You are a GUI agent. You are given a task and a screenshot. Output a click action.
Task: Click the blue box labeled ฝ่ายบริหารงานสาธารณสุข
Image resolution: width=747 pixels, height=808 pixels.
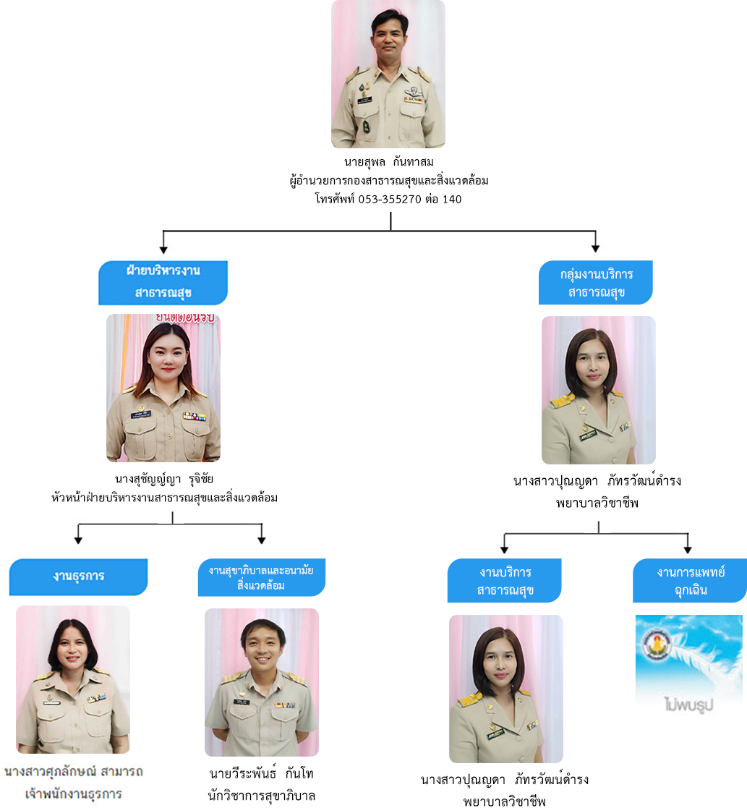pos(163,282)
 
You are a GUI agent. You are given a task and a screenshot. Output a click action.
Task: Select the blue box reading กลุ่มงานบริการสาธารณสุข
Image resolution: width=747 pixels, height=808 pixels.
pos(596,283)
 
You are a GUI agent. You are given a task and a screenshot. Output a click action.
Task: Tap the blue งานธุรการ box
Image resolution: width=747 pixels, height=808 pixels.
pos(78,576)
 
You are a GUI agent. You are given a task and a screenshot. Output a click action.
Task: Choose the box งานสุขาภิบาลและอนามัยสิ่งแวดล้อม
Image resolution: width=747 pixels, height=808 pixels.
pos(261,577)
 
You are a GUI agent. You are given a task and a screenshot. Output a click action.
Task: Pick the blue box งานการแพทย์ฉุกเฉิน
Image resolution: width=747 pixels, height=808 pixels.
pos(690,581)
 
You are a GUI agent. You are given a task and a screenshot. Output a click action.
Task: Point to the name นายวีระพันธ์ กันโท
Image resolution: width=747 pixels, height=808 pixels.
pos(261,773)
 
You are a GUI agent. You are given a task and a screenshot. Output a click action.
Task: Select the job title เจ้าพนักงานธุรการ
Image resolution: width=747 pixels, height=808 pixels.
pos(73,793)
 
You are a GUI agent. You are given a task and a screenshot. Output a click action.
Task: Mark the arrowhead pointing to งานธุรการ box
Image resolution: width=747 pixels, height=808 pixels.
pos(79,539)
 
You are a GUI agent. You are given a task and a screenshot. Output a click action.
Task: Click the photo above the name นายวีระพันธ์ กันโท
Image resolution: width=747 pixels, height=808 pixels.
pos(261,682)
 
